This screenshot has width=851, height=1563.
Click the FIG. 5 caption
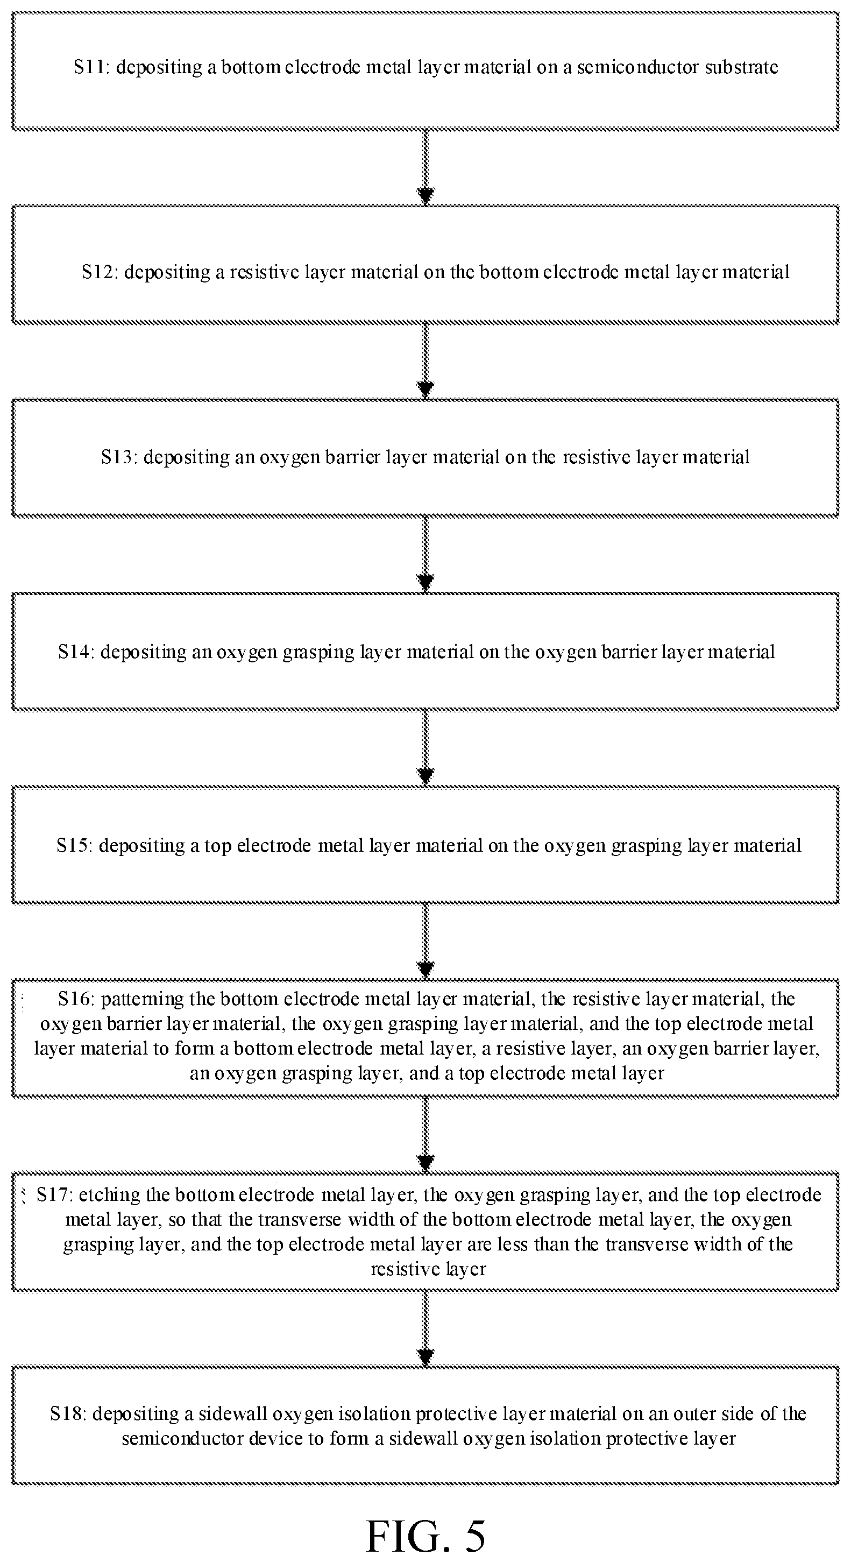click(426, 1536)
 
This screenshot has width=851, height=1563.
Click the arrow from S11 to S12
click(426, 167)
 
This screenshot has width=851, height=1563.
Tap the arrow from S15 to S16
click(426, 942)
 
